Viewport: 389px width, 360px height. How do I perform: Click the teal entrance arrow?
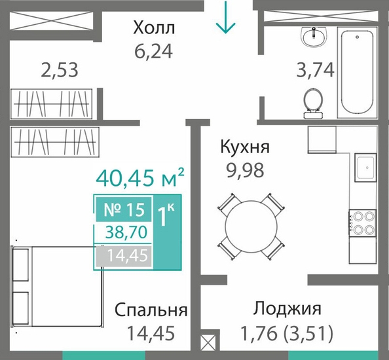pos(225,17)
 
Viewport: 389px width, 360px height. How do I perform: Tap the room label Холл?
pos(154,27)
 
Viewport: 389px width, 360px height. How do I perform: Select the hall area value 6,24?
pos(153,52)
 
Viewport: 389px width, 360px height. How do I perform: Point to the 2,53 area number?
pos(60,69)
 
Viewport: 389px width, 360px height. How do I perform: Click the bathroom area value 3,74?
pos(316,69)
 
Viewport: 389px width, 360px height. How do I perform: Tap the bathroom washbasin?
pos(314,37)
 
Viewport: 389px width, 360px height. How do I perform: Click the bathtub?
pos(357,73)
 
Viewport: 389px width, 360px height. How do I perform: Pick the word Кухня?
pos(245,147)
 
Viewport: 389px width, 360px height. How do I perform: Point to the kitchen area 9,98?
pos(245,171)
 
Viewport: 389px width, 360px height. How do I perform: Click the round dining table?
pos(251,226)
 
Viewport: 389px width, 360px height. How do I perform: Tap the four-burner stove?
pos(363,223)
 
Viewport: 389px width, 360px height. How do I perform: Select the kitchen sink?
pos(365,168)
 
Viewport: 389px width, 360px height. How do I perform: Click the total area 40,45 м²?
pos(140,177)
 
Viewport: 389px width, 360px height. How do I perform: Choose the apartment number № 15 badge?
pos(124,209)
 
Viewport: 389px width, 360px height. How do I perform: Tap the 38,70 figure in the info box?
pos(126,232)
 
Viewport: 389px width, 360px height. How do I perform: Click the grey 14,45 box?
pos(124,256)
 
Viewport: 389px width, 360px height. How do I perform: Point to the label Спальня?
pos(151,310)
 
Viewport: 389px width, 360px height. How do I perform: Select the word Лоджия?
pos(287,309)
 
